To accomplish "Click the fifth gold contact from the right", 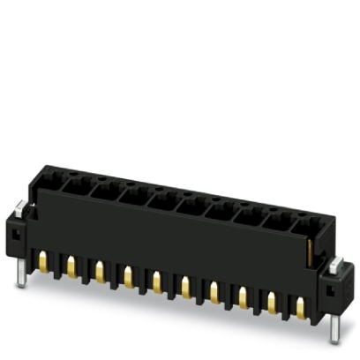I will (184, 286).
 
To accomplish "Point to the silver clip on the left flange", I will (19, 209).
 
